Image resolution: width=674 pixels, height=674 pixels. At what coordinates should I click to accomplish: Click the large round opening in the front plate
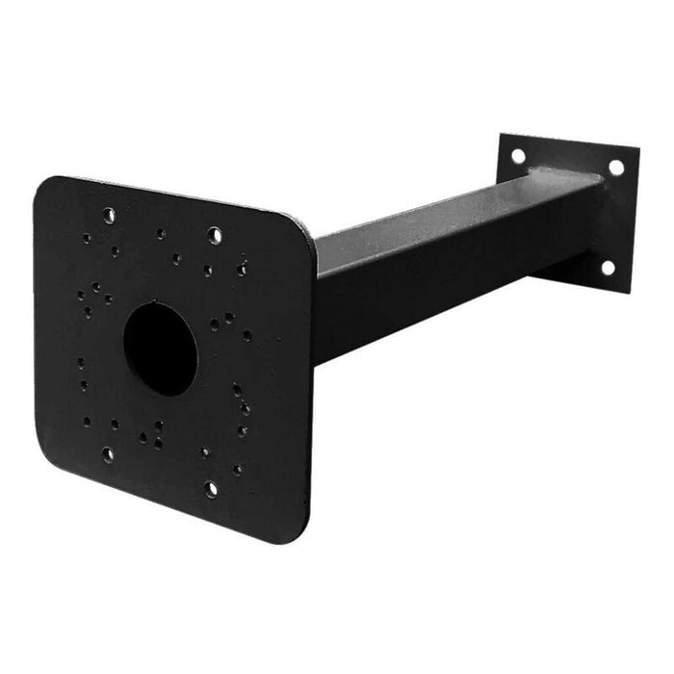tap(161, 349)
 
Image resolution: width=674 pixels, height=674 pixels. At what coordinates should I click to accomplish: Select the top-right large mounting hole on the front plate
tap(214, 233)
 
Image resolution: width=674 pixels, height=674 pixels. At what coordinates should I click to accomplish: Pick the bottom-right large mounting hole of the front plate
tap(211, 488)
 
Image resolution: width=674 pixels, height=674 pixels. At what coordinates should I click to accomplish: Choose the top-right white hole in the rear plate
tap(615, 167)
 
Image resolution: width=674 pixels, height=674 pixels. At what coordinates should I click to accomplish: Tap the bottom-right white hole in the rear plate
tap(609, 267)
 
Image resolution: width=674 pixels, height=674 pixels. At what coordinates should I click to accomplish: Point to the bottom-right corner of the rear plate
tap(630, 292)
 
